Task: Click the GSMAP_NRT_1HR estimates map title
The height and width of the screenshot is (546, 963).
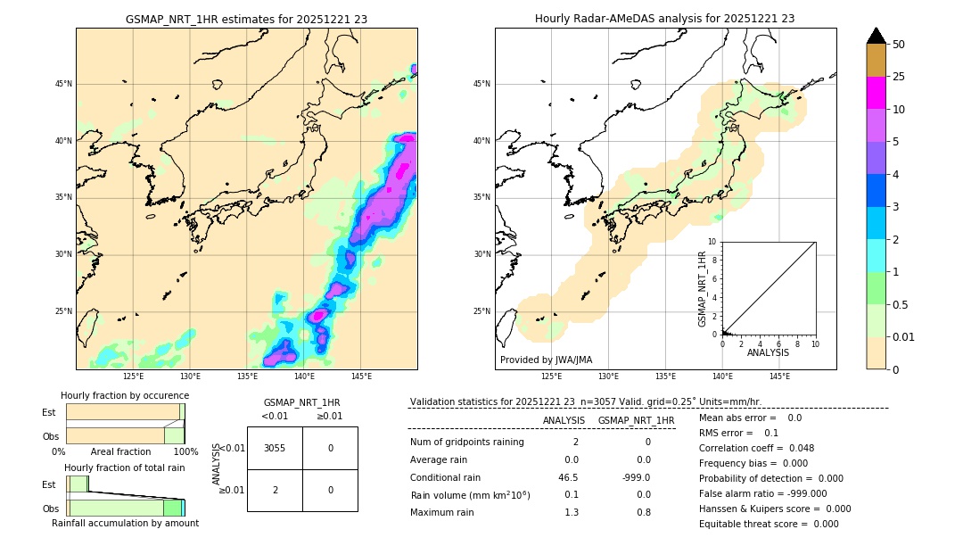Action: point(246,19)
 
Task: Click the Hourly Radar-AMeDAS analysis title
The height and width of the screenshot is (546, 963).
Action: point(664,19)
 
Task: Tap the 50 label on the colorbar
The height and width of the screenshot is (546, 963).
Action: point(899,45)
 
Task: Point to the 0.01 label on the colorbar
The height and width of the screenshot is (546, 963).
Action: point(904,337)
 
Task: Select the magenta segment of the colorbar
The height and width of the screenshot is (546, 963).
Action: point(876,93)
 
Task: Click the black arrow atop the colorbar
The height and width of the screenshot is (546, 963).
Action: point(877,36)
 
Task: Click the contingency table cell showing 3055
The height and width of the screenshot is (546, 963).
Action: point(275,448)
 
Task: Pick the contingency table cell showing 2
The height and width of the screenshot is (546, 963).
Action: point(275,490)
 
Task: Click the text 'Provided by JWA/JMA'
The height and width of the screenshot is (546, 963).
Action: point(546,360)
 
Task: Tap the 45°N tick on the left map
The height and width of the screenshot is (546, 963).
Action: point(63,84)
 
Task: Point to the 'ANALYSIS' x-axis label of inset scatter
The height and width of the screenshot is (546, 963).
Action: point(768,353)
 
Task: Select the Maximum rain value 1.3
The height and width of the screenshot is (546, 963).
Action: point(572,512)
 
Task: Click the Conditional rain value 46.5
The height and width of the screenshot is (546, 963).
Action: point(568,477)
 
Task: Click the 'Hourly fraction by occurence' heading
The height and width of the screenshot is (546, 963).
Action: point(125,395)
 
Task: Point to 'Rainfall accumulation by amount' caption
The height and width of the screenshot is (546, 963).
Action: point(125,523)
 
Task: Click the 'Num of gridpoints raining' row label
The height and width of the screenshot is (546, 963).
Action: point(467,442)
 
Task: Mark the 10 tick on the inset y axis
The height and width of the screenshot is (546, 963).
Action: point(712,242)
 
